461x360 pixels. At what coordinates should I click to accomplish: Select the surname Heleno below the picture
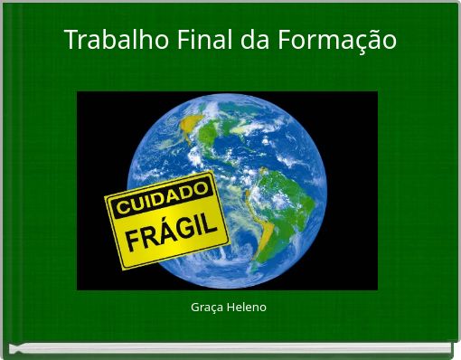(x=247, y=308)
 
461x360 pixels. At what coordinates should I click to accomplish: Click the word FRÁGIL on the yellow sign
(x=174, y=234)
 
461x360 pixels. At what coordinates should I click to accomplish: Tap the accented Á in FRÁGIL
(x=161, y=237)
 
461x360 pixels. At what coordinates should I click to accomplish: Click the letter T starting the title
(x=71, y=41)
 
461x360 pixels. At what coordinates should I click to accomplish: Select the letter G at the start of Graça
(x=195, y=308)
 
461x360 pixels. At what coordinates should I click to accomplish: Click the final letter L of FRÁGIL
(x=219, y=223)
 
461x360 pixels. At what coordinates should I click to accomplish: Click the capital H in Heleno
(x=230, y=308)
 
